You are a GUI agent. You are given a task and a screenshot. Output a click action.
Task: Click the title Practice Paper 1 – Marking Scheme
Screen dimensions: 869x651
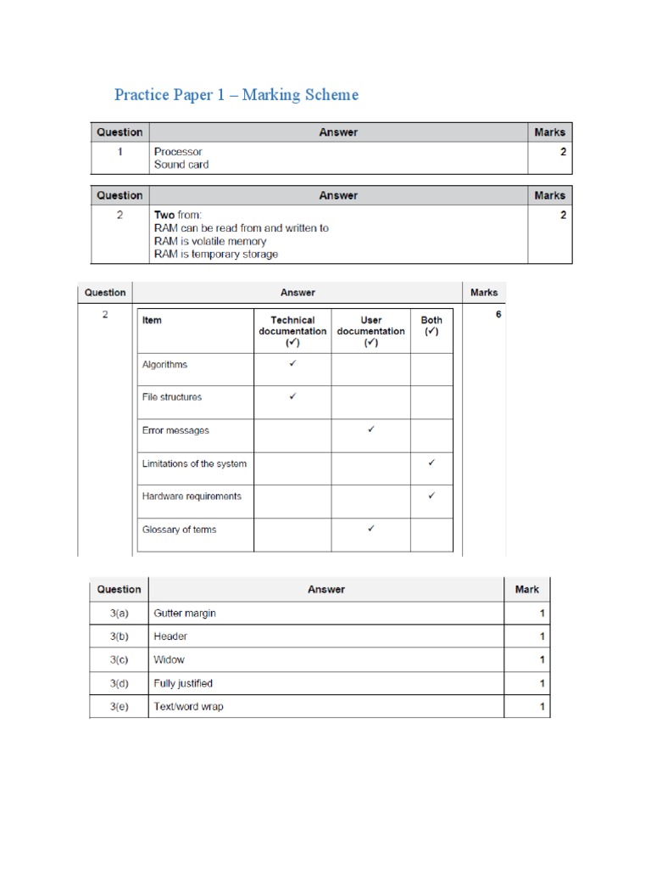pyautogui.click(x=236, y=94)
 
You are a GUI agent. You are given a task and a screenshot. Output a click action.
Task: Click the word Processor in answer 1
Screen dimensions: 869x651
pyautogui.click(x=178, y=152)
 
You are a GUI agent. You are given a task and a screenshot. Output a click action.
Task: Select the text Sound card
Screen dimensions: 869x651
pyautogui.click(x=181, y=165)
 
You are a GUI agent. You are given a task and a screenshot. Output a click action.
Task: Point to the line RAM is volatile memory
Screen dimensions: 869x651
pyautogui.click(x=209, y=241)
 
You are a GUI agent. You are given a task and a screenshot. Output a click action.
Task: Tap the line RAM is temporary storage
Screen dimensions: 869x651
pyautogui.click(x=215, y=254)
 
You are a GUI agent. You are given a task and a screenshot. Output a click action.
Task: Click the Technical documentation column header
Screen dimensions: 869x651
pyautogui.click(x=292, y=331)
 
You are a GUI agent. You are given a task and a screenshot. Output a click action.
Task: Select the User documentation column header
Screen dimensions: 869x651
pyautogui.click(x=370, y=331)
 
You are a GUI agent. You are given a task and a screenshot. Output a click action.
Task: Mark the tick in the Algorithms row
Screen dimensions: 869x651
pyautogui.click(x=292, y=363)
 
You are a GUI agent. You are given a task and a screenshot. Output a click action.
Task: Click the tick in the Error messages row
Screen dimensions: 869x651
pyautogui.click(x=370, y=429)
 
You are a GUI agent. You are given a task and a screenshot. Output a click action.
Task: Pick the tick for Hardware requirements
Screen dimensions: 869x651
pyautogui.click(x=431, y=496)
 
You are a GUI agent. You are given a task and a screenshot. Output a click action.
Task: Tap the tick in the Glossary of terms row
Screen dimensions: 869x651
pyautogui.click(x=370, y=529)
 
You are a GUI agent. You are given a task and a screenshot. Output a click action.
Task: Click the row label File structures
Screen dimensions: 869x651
pyautogui.click(x=172, y=397)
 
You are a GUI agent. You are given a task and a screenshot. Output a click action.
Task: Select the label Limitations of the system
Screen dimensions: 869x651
pyautogui.click(x=194, y=463)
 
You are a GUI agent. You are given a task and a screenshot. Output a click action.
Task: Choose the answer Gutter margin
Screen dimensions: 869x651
pyautogui.click(x=185, y=613)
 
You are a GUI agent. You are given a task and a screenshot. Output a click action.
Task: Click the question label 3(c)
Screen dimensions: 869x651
pyautogui.click(x=119, y=659)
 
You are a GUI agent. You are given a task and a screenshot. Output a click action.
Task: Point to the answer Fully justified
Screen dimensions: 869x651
pyautogui.click(x=183, y=683)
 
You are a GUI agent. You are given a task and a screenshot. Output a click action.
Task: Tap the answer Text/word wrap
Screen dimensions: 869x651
pyautogui.click(x=188, y=706)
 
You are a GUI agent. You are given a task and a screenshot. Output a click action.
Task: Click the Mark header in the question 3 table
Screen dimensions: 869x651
pyautogui.click(x=526, y=589)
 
